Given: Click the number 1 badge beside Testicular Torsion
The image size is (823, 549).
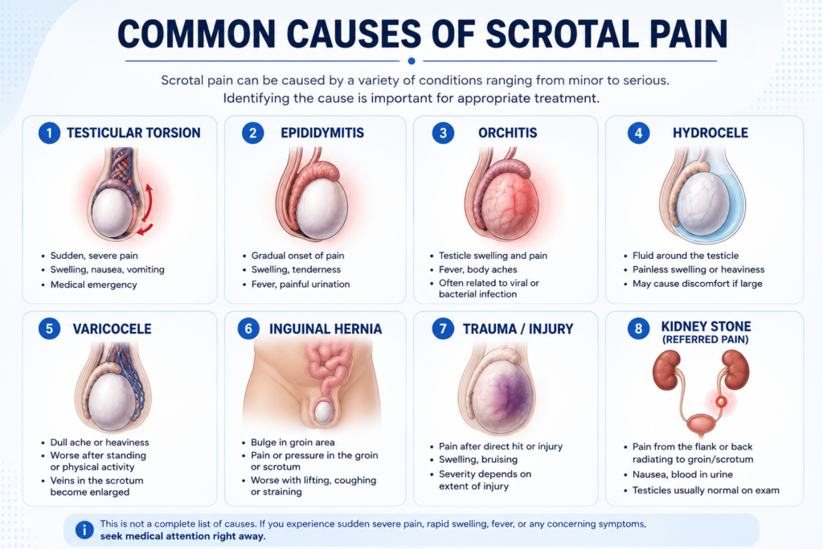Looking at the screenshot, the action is [49, 133].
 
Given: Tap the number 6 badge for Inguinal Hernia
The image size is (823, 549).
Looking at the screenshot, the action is [248, 329].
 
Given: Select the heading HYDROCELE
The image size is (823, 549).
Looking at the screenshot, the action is [710, 133].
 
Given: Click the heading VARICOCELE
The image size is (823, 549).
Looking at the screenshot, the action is [112, 329].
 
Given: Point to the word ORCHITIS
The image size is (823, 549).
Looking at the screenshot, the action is [508, 133].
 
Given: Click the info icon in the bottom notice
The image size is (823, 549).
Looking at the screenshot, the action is [84, 530].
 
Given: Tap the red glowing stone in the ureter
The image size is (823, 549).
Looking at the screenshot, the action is [722, 402].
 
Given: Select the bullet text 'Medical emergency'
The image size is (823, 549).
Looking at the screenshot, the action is [93, 285].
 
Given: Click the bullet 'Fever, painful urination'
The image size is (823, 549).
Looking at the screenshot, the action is [301, 285].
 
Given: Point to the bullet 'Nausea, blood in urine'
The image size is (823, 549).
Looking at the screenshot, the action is [682, 474].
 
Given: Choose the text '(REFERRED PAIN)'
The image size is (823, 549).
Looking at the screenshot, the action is [706, 339].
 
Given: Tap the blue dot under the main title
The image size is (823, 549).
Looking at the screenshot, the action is [411, 61].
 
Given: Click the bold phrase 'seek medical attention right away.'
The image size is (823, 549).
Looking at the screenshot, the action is [182, 536].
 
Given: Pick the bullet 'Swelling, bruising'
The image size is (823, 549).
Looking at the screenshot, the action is [477, 460].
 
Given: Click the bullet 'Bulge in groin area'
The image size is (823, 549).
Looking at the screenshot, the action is [293, 442].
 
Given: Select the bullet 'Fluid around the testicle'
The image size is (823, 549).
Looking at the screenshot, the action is [685, 256].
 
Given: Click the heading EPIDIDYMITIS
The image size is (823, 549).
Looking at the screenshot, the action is [322, 133].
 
